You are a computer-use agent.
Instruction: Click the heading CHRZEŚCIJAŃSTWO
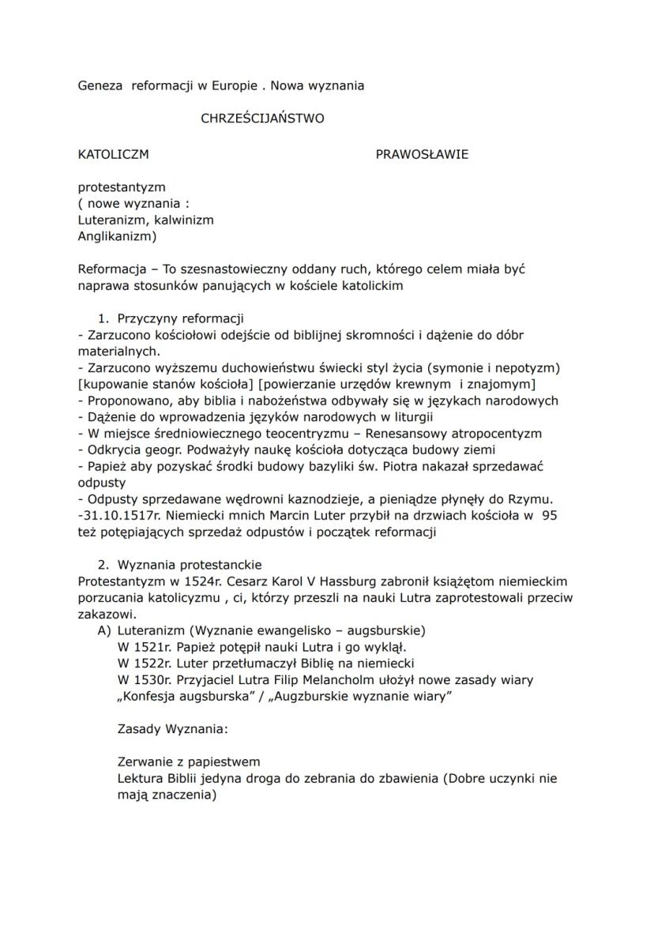click(x=262, y=119)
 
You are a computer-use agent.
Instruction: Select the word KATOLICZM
click(x=113, y=154)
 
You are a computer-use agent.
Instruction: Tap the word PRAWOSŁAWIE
click(x=422, y=154)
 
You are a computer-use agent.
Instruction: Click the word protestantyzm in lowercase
click(x=121, y=187)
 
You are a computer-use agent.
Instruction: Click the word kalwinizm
click(x=183, y=220)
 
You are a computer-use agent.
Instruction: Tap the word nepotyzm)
click(x=529, y=368)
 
